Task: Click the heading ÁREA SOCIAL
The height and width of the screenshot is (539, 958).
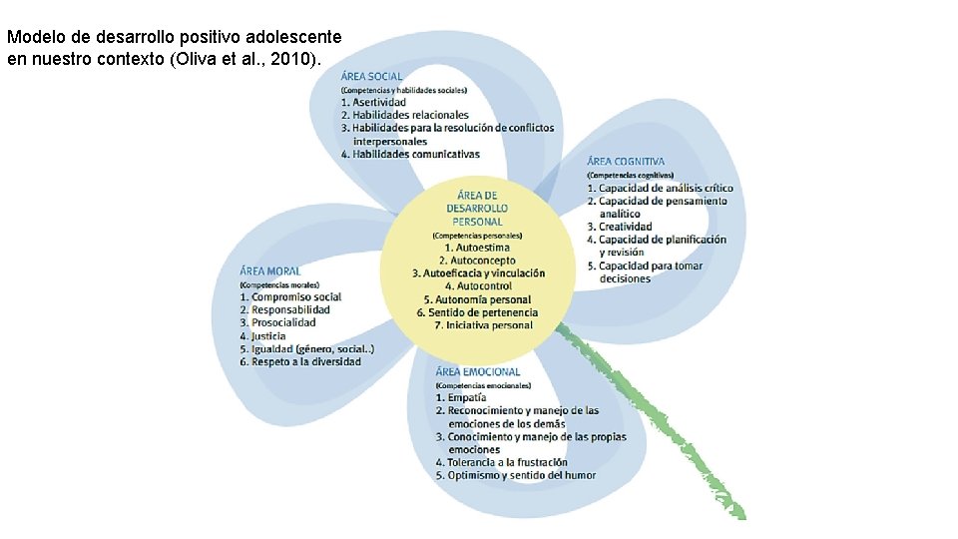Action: [372, 76]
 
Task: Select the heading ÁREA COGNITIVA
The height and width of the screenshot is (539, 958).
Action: [626, 161]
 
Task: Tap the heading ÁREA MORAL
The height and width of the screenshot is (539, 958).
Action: [269, 270]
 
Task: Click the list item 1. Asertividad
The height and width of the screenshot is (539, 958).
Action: [373, 102]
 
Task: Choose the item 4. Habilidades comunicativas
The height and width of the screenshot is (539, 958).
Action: [409, 154]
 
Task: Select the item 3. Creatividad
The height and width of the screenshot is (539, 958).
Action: [619, 227]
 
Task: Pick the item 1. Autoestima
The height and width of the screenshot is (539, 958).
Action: [477, 247]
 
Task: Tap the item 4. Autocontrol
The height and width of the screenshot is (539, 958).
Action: [478, 286]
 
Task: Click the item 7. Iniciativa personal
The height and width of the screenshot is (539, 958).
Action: [483, 325]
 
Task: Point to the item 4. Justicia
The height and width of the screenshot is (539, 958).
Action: [262, 336]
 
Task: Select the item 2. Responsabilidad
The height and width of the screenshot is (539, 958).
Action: [284, 309]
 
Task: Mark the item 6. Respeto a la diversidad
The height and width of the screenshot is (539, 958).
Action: [299, 361]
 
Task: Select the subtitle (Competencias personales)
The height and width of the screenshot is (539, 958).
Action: [478, 235]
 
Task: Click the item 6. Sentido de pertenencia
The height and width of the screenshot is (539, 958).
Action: [477, 312]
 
